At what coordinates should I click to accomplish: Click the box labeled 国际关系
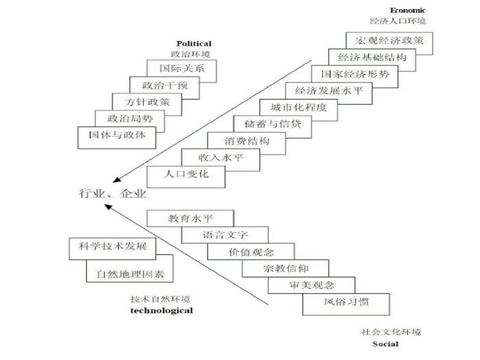pyautogui.click(x=184, y=68)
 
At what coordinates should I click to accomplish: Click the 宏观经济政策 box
pyautogui.click(x=389, y=41)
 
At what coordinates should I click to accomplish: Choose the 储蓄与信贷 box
pyautogui.click(x=269, y=124)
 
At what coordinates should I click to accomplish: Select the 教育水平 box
pyautogui.click(x=191, y=218)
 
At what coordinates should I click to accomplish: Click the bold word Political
pyautogui.click(x=194, y=44)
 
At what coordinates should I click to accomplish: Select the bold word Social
pyautogui.click(x=385, y=344)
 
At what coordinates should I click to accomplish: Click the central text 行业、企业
pyautogui.click(x=112, y=194)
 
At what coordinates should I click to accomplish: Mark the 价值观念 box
pyautogui.click(x=253, y=251)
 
